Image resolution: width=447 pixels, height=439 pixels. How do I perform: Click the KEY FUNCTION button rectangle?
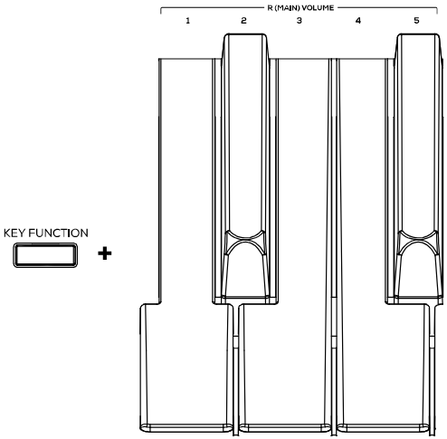pos(45,255)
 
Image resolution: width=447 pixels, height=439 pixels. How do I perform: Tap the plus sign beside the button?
pos(105,253)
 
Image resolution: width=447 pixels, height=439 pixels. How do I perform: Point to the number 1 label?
pos(188,21)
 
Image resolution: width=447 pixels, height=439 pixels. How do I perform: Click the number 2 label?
pos(243,21)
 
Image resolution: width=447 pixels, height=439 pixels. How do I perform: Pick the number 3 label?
pos(300,21)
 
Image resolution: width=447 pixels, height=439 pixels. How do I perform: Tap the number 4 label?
pos(358,21)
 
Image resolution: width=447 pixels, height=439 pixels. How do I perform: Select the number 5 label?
pos(416,21)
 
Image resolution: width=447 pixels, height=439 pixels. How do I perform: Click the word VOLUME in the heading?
pos(318,8)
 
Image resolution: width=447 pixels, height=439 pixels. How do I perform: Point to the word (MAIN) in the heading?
pos(287,8)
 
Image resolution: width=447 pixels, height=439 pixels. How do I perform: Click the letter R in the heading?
pos(270,8)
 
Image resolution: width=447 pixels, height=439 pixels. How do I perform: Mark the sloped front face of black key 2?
pos(245,275)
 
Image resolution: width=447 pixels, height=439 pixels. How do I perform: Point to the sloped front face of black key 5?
pos(418,275)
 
